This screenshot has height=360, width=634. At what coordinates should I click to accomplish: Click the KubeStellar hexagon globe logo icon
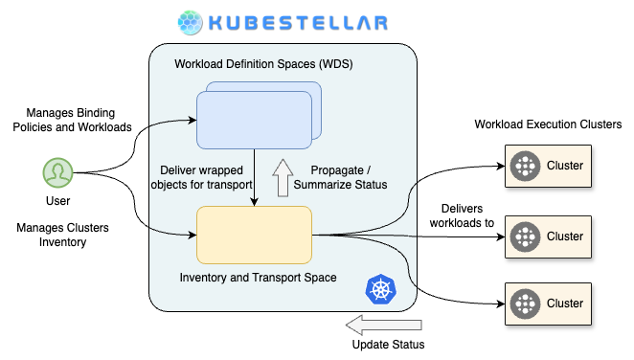pyautogui.click(x=190, y=23)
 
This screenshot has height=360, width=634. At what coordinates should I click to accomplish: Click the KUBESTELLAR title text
pyautogui.click(x=299, y=23)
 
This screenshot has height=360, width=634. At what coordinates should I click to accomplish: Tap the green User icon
pyautogui.click(x=57, y=172)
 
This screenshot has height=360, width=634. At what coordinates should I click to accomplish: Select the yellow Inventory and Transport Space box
pyautogui.click(x=254, y=236)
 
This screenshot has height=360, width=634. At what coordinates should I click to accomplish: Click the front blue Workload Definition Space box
pyautogui.click(x=254, y=120)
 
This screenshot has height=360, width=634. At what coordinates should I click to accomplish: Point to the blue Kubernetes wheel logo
pyautogui.click(x=380, y=289)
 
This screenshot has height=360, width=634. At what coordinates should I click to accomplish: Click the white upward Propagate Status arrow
pyautogui.click(x=283, y=178)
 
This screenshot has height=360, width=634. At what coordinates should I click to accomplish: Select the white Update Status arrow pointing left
pyautogui.click(x=384, y=325)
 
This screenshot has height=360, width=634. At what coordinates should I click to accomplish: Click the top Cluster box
pyautogui.click(x=548, y=166)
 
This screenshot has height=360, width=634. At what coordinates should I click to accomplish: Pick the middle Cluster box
pyautogui.click(x=548, y=236)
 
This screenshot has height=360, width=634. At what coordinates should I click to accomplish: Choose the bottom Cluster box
pyautogui.click(x=548, y=304)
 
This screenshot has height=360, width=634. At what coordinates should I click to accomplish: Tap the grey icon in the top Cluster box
pyautogui.click(x=525, y=166)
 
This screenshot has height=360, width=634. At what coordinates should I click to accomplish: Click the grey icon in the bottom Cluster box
pyautogui.click(x=525, y=304)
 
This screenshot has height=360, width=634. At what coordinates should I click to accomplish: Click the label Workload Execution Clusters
pyautogui.click(x=548, y=124)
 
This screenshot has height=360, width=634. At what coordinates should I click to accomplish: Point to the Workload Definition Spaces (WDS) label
pyautogui.click(x=263, y=64)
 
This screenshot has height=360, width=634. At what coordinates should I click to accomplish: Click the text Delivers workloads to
pyautogui.click(x=462, y=215)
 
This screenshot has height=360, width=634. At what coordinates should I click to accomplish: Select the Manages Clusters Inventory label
pyautogui.click(x=62, y=235)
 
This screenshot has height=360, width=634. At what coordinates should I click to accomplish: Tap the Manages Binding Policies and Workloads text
pyautogui.click(x=72, y=120)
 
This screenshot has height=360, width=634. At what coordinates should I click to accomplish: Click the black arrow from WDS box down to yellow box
pyautogui.click(x=254, y=177)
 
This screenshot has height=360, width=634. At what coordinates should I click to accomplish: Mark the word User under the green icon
pyautogui.click(x=57, y=201)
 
